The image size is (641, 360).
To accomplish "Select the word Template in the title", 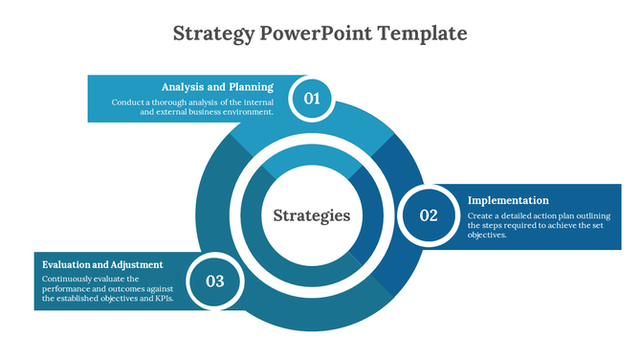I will point(422,34).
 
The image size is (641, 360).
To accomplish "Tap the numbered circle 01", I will point(311,98).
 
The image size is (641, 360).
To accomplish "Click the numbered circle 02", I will point(428,215).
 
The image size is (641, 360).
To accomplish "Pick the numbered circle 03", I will point(214,281).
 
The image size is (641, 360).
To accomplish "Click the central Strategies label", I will point(312,215).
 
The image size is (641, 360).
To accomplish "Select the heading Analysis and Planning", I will point(217,86).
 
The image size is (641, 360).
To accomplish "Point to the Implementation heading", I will point(508,200).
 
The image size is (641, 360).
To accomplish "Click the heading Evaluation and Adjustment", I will point(102,264).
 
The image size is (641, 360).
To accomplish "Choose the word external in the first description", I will point(174,112).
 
